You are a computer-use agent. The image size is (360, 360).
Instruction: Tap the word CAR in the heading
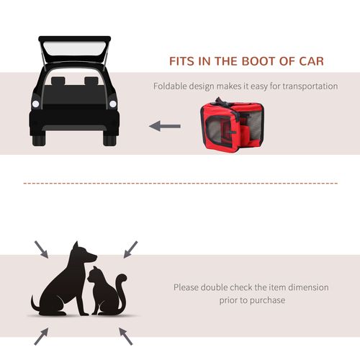tap(311, 61)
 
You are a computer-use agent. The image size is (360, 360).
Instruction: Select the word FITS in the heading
tap(181, 61)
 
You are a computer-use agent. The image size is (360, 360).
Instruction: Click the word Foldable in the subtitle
tap(170, 86)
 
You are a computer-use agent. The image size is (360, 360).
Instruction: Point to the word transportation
tap(310, 86)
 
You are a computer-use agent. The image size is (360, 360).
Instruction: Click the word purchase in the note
tap(269, 300)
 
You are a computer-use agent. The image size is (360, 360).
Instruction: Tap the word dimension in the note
tap(308, 287)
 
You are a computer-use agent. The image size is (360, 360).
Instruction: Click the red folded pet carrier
tap(232, 124)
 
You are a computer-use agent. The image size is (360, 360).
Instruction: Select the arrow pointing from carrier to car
tap(165, 126)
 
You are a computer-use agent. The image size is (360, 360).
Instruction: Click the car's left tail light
tap(36, 104)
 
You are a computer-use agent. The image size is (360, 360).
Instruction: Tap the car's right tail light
tap(113, 104)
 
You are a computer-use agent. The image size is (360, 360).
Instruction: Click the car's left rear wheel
tap(39, 140)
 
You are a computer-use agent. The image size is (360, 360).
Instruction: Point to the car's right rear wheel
tap(109, 140)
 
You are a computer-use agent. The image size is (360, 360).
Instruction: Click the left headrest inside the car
tap(58, 81)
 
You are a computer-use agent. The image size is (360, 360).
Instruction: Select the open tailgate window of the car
tap(75, 48)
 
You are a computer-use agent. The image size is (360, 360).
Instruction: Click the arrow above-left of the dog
tap(41, 250)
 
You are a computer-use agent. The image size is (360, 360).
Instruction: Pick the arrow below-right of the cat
tap(126, 336)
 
